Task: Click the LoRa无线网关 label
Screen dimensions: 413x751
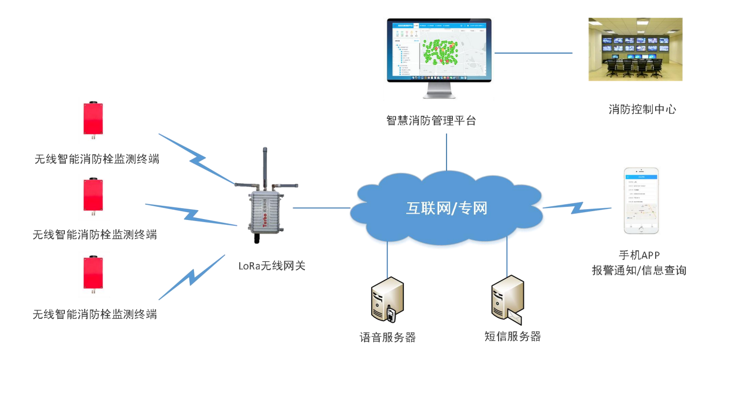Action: [x=272, y=266]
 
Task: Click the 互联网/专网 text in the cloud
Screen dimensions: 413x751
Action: [x=446, y=208]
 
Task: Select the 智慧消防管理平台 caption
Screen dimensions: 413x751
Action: [x=431, y=120]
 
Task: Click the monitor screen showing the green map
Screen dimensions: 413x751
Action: [x=439, y=49]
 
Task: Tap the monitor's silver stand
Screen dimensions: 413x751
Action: [x=439, y=90]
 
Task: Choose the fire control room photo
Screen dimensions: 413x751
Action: [x=635, y=49]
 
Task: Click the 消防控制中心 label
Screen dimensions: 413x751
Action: [x=642, y=109]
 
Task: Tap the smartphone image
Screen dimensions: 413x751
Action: [x=641, y=200]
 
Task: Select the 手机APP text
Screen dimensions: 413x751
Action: [x=639, y=255]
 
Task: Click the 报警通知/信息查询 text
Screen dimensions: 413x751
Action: [x=639, y=270]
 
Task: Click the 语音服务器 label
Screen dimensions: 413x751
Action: [x=388, y=337]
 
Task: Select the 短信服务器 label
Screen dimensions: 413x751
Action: [x=512, y=336]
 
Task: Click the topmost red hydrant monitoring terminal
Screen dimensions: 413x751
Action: [x=93, y=119]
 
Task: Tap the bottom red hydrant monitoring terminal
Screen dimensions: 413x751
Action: [x=93, y=273]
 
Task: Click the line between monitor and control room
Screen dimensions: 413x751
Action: [x=533, y=53]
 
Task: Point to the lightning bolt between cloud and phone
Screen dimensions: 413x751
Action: [x=577, y=208]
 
